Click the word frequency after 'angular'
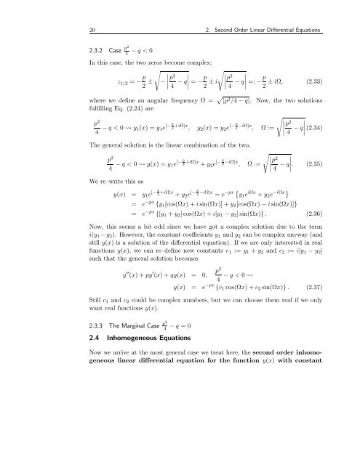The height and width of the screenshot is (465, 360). click(x=162, y=118)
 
